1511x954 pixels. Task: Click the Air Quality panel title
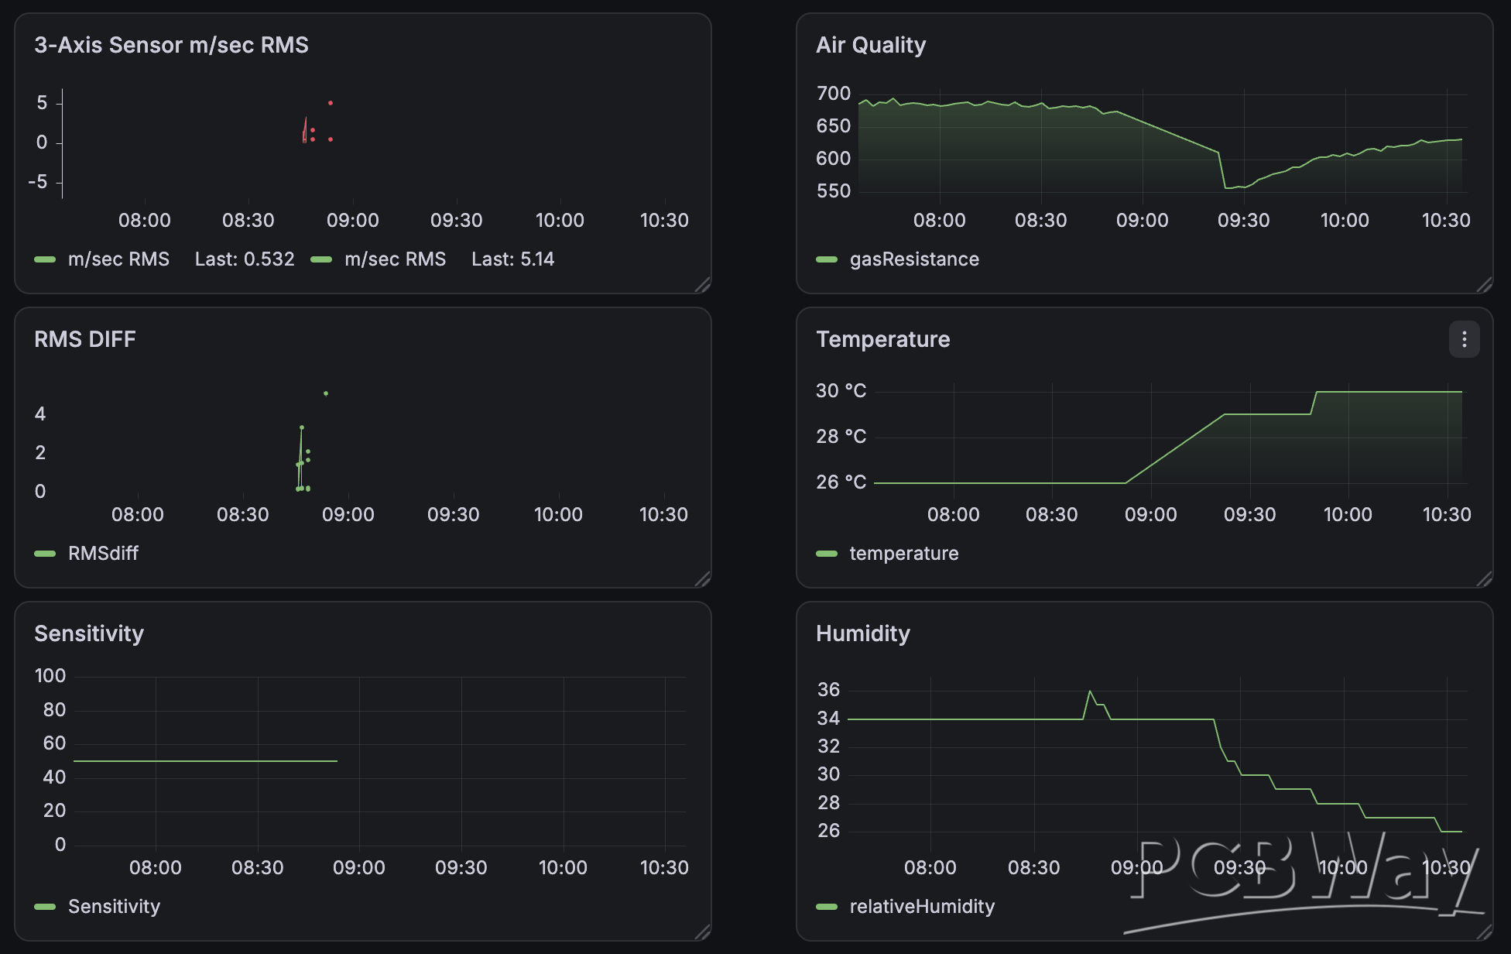[x=871, y=45]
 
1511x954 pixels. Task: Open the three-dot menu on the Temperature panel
[x=1464, y=339]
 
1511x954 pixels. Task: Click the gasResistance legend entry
[x=914, y=259]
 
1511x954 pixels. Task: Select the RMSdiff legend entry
[x=103, y=554]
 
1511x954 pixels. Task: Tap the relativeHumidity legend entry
[x=922, y=907]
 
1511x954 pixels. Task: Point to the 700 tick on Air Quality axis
[x=834, y=94]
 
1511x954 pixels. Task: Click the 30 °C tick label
[x=841, y=391]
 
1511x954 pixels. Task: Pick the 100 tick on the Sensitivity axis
[x=50, y=676]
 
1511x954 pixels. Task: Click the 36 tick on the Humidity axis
[x=828, y=690]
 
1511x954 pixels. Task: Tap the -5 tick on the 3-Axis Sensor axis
[x=38, y=182]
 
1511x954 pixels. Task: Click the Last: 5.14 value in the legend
[x=513, y=259]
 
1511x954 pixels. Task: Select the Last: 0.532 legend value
[x=245, y=259]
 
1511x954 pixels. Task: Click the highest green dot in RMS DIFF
[x=326, y=393]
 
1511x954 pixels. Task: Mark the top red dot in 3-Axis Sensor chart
[x=331, y=103]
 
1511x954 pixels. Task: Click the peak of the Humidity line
[x=1090, y=691]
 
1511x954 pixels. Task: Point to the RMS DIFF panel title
[x=85, y=339]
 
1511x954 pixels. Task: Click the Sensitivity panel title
[x=89, y=633]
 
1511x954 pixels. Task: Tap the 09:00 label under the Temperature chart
[x=1150, y=515]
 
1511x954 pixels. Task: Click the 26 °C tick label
[x=841, y=482]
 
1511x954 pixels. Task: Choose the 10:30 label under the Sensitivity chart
[x=664, y=868]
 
